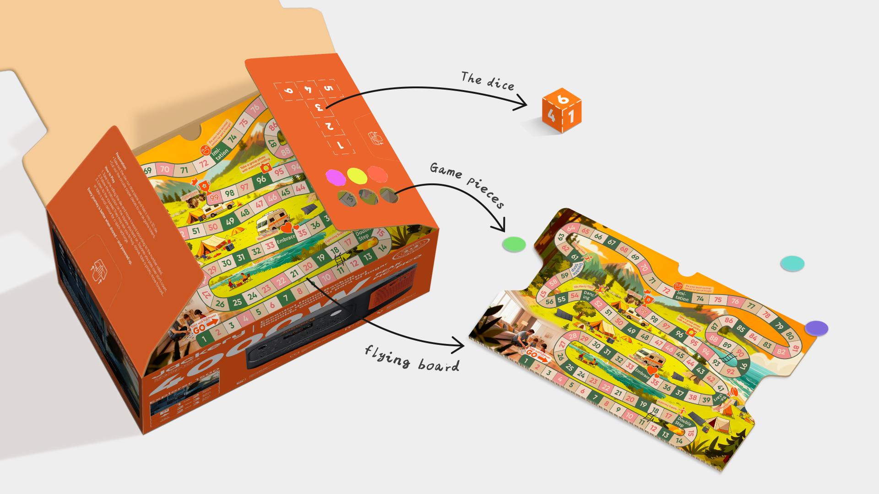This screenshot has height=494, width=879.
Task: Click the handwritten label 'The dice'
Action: pyautogui.click(x=487, y=81)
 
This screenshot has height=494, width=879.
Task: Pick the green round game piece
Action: pyautogui.click(x=513, y=244)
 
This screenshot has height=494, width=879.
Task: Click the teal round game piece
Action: pyautogui.click(x=792, y=263)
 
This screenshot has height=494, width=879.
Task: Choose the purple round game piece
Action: pyautogui.click(x=817, y=328)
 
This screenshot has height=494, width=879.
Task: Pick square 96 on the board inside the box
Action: pyautogui.click(x=261, y=180)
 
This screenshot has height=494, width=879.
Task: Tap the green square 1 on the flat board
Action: pyautogui.click(x=527, y=361)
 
